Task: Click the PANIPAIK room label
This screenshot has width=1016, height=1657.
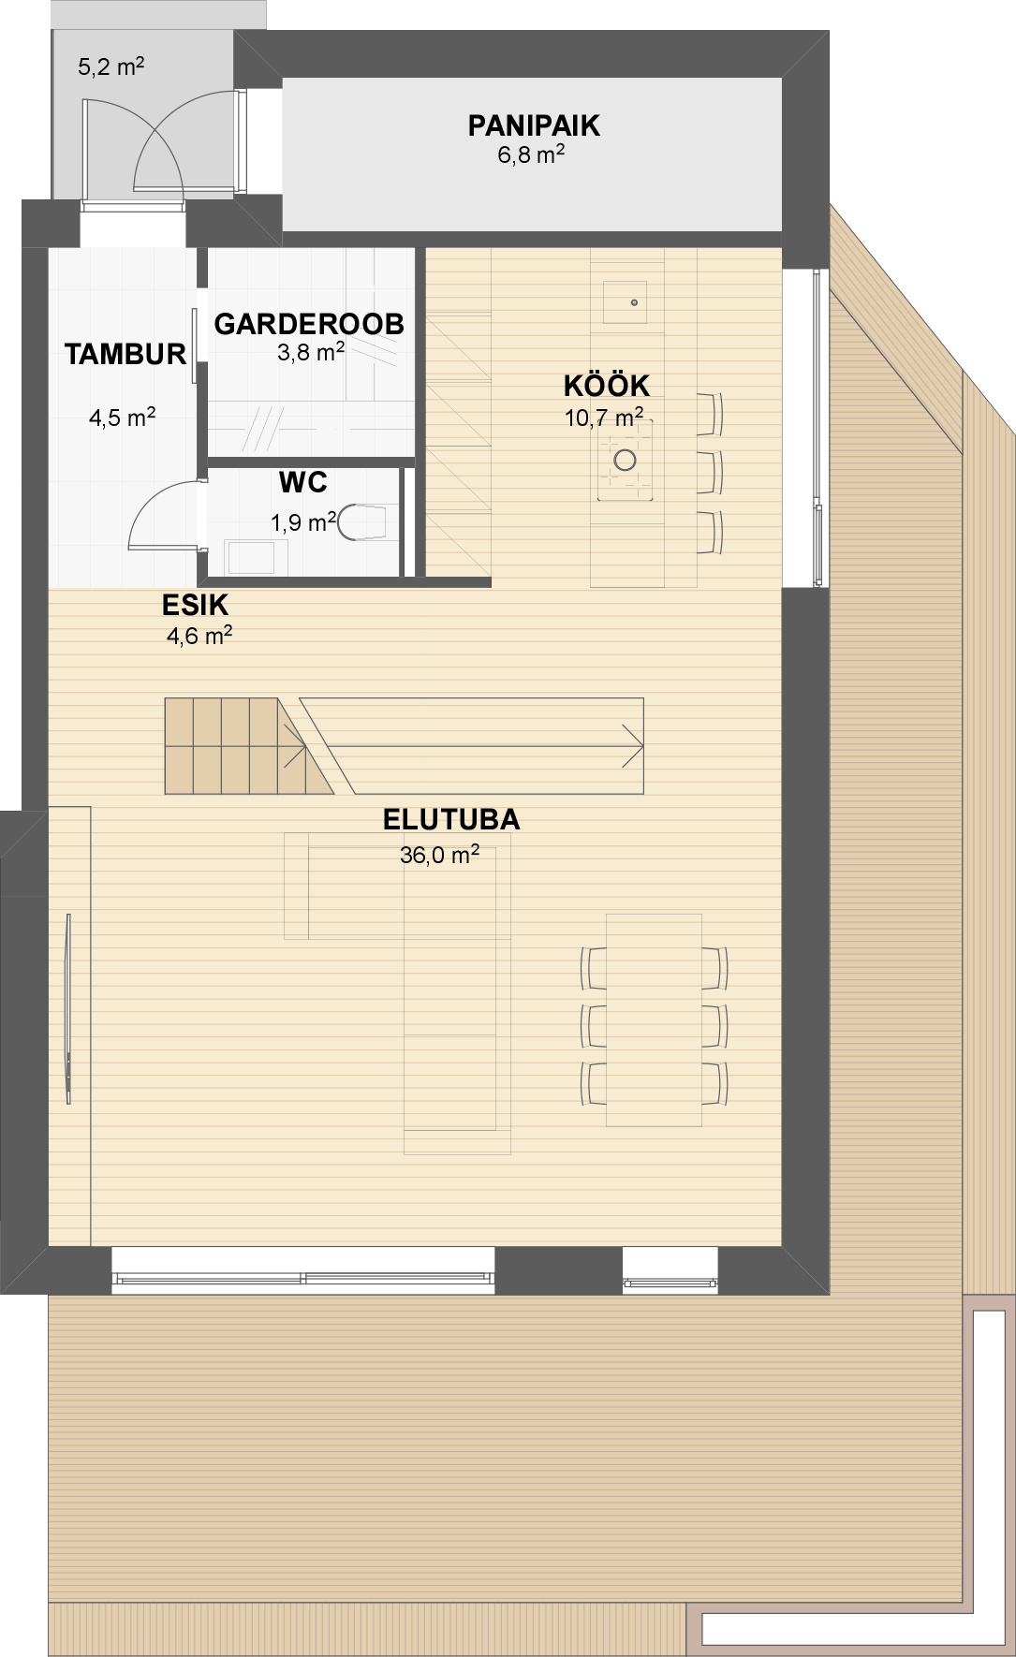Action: pyautogui.click(x=534, y=125)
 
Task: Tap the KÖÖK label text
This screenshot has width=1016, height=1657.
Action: pyautogui.click(x=607, y=385)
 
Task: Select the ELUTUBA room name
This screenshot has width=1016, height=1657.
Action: pyautogui.click(x=451, y=819)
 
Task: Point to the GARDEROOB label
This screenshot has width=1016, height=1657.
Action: pyautogui.click(x=309, y=324)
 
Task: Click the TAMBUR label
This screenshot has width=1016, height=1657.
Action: pyautogui.click(x=125, y=354)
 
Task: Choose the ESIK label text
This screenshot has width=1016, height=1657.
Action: pyautogui.click(x=195, y=605)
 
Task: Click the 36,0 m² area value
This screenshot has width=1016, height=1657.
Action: pyautogui.click(x=440, y=855)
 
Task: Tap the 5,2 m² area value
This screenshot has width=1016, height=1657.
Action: pyautogui.click(x=110, y=67)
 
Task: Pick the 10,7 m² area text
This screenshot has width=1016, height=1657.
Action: pyautogui.click(x=604, y=418)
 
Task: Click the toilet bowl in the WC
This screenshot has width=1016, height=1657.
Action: pyautogui.click(x=361, y=523)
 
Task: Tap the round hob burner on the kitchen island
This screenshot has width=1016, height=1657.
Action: pyautogui.click(x=625, y=460)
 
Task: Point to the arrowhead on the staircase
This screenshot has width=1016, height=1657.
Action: pyautogui.click(x=634, y=746)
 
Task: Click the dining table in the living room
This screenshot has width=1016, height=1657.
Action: pyautogui.click(x=654, y=1019)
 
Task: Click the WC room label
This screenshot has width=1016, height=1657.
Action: pyautogui.click(x=303, y=482)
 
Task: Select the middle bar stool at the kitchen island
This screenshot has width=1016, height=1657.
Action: pyautogui.click(x=711, y=473)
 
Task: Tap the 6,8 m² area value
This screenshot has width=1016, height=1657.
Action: pyautogui.click(x=531, y=154)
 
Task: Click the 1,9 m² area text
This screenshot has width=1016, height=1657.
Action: pyautogui.click(x=303, y=522)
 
